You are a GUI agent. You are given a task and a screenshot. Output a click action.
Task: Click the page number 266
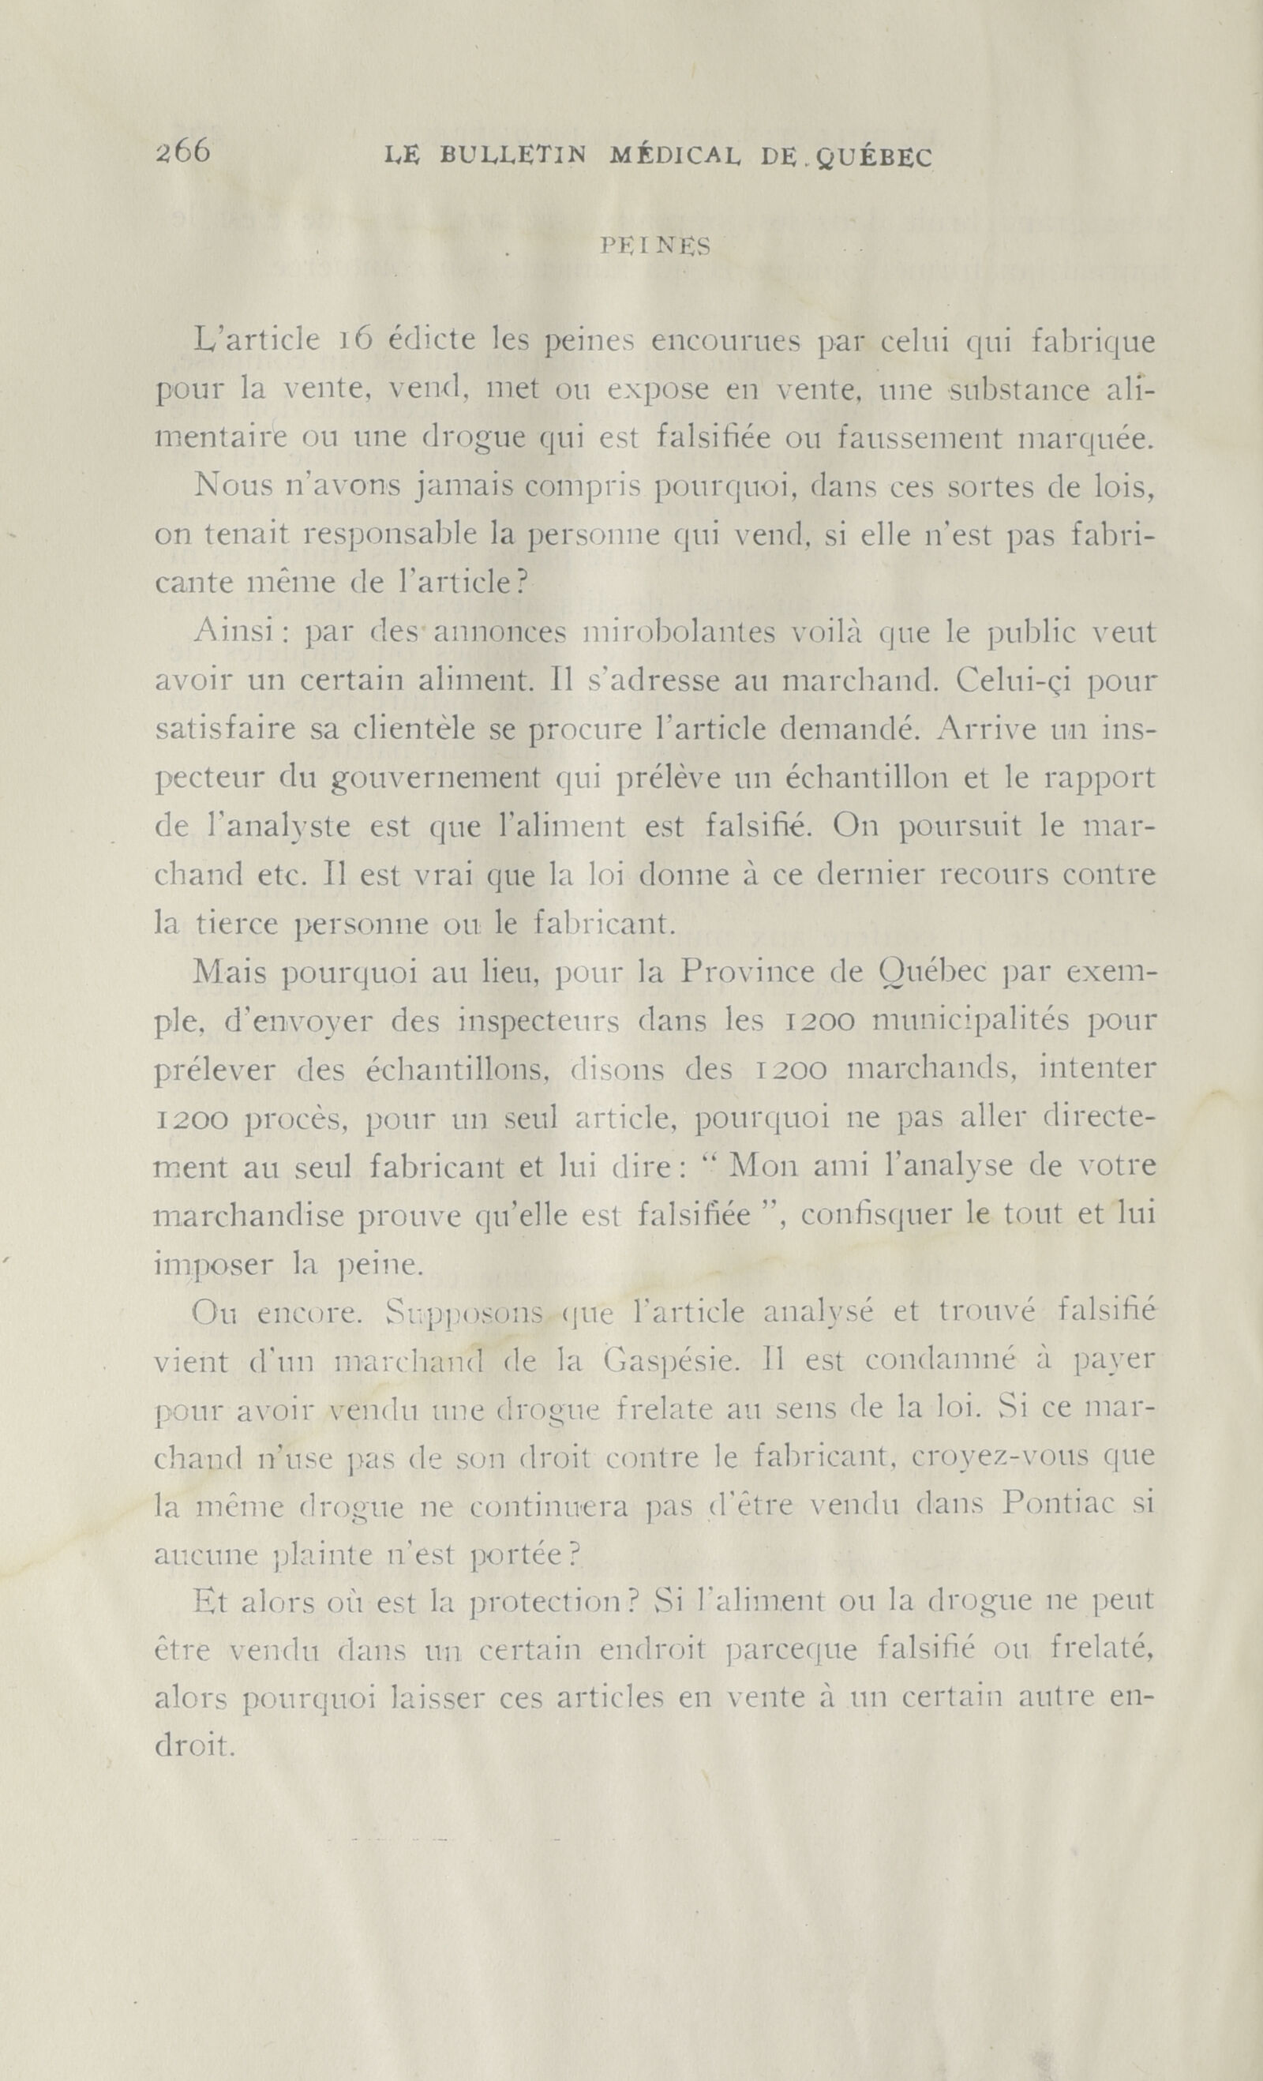[182, 152]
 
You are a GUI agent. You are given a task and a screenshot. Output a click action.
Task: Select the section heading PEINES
[655, 246]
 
